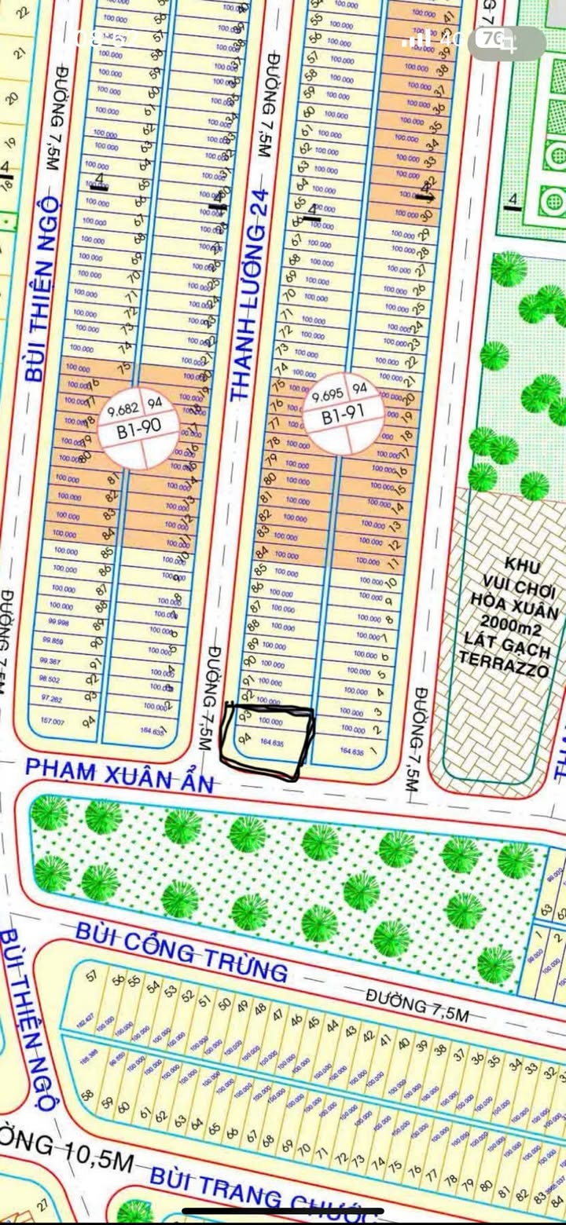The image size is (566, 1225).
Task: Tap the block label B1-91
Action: [340, 418]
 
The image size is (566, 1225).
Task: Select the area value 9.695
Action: [327, 396]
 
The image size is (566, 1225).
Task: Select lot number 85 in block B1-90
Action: [105, 552]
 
